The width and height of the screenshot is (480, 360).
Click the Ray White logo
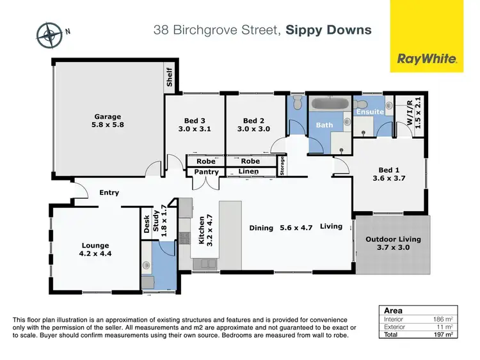(427, 59)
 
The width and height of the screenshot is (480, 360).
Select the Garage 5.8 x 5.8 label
(108, 121)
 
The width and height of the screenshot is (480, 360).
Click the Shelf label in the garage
(170, 77)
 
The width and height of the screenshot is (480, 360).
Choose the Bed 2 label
(254, 124)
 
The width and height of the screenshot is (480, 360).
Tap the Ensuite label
(369, 112)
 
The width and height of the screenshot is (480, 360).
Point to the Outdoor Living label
(393, 244)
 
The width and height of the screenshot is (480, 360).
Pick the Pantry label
(206, 172)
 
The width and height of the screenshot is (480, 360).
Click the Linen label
(248, 171)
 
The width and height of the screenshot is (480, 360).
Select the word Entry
(109, 192)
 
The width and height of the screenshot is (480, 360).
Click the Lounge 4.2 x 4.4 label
(95, 249)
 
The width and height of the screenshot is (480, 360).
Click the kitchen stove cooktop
(185, 237)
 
